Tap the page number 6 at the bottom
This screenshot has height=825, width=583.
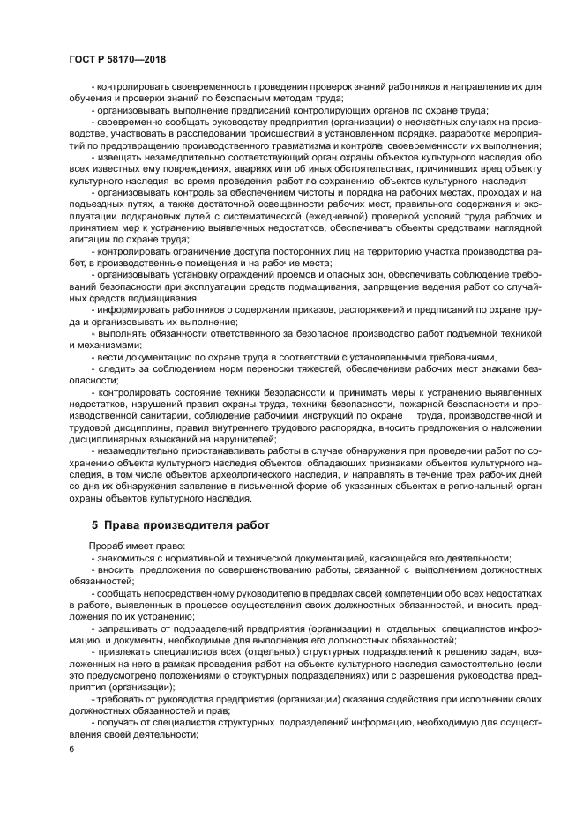71,749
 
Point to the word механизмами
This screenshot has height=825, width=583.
99,346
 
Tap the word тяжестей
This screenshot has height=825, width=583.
330,368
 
